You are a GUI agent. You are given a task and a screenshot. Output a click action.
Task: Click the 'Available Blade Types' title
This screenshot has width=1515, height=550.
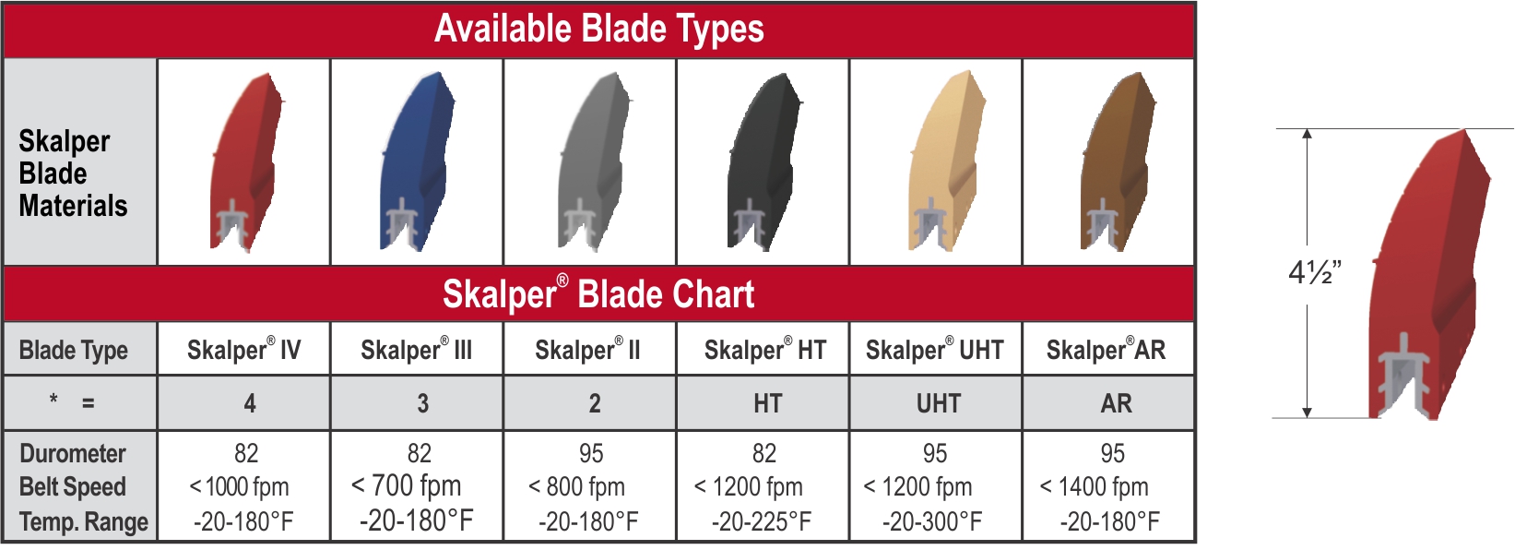(x=599, y=30)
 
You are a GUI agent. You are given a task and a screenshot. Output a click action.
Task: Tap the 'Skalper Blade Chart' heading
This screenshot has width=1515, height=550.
(x=598, y=293)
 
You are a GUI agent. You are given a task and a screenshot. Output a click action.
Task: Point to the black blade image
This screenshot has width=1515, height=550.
(x=764, y=162)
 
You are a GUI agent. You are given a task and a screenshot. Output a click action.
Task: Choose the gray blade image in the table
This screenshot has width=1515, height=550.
(x=594, y=162)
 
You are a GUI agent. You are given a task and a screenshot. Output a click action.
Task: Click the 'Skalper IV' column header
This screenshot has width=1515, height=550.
(x=244, y=349)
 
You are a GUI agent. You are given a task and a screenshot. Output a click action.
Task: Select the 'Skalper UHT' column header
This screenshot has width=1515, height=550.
(x=935, y=349)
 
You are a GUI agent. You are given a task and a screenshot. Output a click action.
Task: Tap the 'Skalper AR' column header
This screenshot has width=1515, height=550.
(x=1106, y=349)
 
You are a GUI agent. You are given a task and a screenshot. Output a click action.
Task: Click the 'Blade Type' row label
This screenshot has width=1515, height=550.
(x=73, y=351)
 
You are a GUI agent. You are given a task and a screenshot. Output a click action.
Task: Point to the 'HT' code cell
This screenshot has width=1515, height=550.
(x=768, y=404)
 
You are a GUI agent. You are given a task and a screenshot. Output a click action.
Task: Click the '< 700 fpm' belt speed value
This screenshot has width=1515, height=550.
(x=406, y=485)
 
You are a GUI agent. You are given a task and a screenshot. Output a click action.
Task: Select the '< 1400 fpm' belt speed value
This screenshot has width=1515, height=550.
(x=1094, y=486)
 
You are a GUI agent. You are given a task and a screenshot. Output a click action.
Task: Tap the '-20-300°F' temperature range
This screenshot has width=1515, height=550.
(x=932, y=521)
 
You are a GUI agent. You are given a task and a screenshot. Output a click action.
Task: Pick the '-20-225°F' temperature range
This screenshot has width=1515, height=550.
(x=761, y=521)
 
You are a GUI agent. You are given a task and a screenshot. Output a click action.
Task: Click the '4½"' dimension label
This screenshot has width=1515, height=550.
(x=1314, y=272)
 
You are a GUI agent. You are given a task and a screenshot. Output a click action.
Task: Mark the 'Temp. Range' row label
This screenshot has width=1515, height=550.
(x=84, y=522)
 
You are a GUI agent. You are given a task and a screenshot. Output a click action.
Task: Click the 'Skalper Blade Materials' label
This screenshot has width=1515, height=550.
(x=73, y=173)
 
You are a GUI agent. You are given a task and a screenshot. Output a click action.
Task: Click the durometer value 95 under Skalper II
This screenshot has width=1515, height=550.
(x=591, y=453)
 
